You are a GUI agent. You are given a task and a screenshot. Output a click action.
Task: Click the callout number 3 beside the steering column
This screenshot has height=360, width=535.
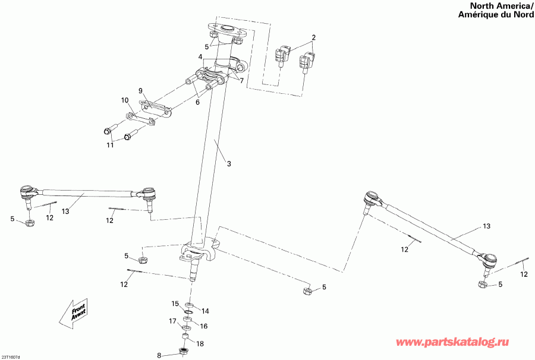tap(229, 164)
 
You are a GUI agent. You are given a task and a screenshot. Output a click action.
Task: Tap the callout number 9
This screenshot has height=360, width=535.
tap(140, 91)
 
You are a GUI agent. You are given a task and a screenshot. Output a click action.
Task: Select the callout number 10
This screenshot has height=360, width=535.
tap(125, 100)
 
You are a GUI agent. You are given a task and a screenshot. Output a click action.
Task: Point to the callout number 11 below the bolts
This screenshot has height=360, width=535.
tap(110, 145)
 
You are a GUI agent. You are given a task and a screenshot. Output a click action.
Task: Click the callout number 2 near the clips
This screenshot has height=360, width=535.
tap(313, 37)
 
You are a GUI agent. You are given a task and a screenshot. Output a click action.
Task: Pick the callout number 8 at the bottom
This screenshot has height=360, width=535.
tap(159, 356)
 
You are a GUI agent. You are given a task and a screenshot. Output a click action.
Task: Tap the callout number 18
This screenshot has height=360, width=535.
tap(200, 343)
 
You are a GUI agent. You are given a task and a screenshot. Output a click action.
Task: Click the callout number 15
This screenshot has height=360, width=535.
tap(175, 304)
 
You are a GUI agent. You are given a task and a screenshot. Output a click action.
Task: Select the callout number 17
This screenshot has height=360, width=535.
tap(172, 321)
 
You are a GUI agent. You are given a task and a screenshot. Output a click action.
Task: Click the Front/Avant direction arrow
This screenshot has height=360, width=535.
tap(74, 313)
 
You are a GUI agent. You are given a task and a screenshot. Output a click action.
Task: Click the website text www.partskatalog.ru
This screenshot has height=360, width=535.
tap(452, 342)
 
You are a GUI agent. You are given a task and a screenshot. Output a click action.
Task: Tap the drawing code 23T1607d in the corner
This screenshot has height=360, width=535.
tap(11, 357)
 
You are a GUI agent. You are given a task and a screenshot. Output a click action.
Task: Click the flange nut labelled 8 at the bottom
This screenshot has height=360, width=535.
tap(184, 351)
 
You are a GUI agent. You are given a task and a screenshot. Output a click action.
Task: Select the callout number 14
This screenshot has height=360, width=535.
tap(205, 311)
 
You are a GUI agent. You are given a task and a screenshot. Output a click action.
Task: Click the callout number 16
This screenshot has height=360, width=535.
tap(203, 326)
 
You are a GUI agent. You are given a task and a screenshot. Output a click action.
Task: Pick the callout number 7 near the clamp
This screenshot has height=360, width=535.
tap(241, 81)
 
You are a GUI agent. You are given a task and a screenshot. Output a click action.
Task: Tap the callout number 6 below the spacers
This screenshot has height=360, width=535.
tap(197, 102)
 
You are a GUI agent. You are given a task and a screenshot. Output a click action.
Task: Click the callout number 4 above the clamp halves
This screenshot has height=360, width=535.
tap(200, 56)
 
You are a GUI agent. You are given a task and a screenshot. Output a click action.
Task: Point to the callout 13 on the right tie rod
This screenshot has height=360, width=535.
tap(486, 226)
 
